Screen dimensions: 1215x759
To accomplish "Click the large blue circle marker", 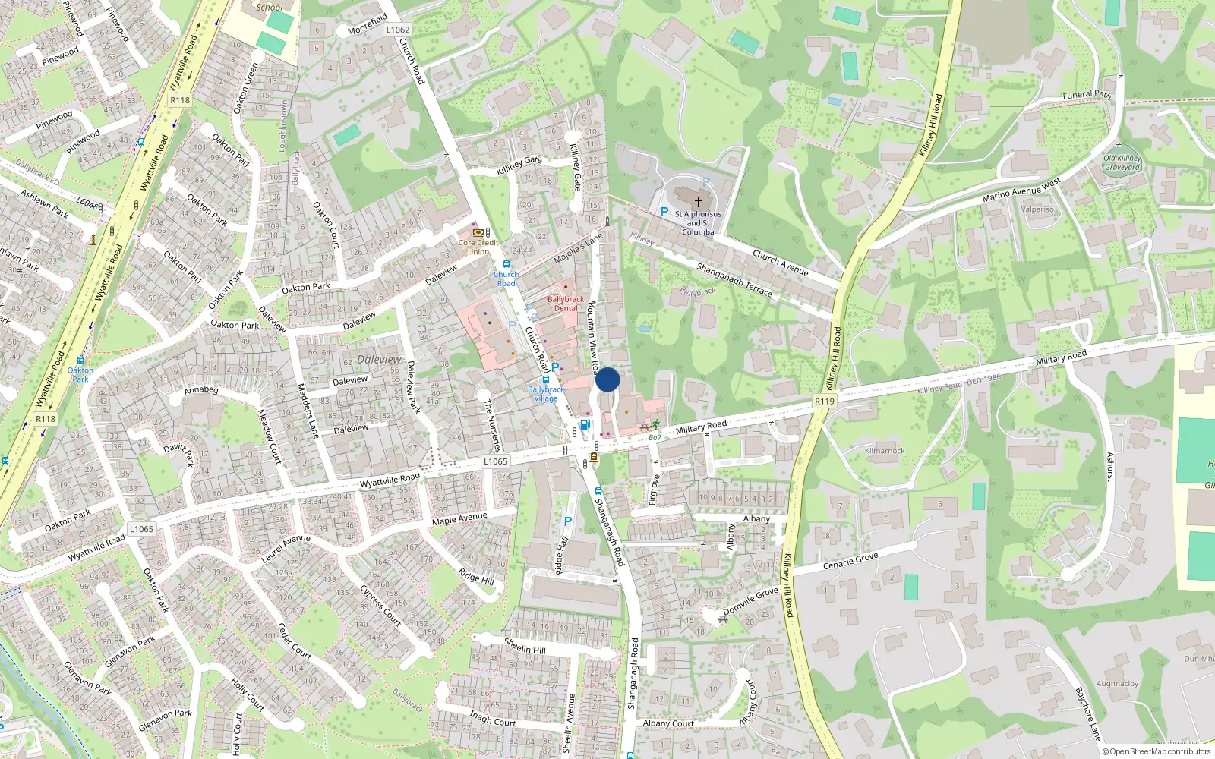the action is click(x=607, y=379).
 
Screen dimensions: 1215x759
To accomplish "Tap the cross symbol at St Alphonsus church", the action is click(x=698, y=202).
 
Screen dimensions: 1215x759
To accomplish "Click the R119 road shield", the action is click(x=824, y=401).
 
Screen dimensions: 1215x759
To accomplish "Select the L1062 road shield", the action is click(x=397, y=30).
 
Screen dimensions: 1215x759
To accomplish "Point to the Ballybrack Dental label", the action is click(x=566, y=304).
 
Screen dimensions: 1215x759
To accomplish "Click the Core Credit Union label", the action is click(x=478, y=247).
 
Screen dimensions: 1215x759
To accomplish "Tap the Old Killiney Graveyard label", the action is click(x=1122, y=163).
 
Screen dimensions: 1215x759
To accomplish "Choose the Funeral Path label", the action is click(x=1087, y=95).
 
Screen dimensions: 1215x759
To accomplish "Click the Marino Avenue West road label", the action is click(x=1021, y=190).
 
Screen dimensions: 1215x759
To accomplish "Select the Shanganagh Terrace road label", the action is click(x=734, y=279).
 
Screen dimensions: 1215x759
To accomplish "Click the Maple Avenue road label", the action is click(x=459, y=519).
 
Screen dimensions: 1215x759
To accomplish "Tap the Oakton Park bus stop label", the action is click(x=80, y=374).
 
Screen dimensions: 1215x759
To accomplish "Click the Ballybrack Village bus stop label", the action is click(x=546, y=394).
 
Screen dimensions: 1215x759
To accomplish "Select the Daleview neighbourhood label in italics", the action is click(x=379, y=359).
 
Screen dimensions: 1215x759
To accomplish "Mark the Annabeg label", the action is click(x=201, y=390).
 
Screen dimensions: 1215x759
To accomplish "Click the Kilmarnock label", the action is click(x=885, y=451).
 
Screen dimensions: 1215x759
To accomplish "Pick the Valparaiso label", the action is click(x=1037, y=209).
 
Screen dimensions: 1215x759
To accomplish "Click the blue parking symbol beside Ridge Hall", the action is click(x=567, y=521).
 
